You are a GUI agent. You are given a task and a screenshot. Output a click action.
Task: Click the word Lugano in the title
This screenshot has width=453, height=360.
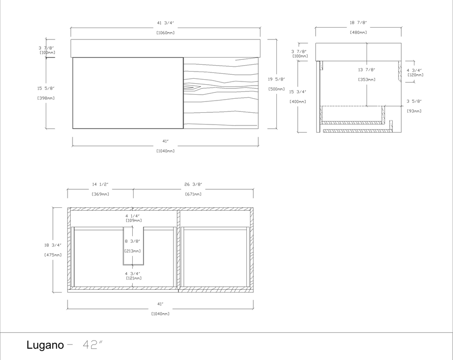[x=45, y=345]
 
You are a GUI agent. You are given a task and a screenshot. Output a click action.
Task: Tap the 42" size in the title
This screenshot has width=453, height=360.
[x=92, y=345]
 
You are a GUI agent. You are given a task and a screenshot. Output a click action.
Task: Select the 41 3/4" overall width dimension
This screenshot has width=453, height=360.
[x=165, y=23]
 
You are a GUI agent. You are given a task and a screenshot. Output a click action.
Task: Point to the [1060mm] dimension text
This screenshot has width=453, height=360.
[x=165, y=33]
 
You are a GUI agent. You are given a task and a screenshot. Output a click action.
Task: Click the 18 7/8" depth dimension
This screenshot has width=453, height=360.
[x=358, y=23]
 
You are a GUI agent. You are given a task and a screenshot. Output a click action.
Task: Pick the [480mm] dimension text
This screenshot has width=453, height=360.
[x=358, y=33]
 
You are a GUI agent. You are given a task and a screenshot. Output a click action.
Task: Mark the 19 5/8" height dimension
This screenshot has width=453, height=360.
[x=277, y=79]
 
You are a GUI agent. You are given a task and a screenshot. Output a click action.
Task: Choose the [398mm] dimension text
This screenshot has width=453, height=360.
[x=46, y=98]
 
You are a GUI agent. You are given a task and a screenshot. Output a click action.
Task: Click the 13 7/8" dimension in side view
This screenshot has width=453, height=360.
[x=366, y=70]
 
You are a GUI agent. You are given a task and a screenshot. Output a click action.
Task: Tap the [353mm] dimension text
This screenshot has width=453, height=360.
[x=366, y=80]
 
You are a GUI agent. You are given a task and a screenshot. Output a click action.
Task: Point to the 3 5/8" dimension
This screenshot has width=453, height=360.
[x=414, y=101]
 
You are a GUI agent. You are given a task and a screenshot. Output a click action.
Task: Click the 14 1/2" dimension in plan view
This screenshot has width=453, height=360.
[x=100, y=184]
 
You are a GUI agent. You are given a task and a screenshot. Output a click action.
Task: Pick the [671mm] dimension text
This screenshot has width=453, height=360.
[x=193, y=194]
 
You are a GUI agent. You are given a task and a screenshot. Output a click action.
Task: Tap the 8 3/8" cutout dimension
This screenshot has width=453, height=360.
[x=132, y=241]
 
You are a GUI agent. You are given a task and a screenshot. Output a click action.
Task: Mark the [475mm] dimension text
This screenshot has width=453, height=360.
[x=53, y=255]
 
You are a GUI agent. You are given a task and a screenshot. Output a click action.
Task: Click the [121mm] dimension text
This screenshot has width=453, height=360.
[x=132, y=278]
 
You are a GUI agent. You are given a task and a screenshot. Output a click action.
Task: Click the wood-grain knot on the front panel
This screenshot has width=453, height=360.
[x=193, y=86]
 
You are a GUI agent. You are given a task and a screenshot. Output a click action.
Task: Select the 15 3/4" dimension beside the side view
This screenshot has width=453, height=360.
[x=298, y=92]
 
